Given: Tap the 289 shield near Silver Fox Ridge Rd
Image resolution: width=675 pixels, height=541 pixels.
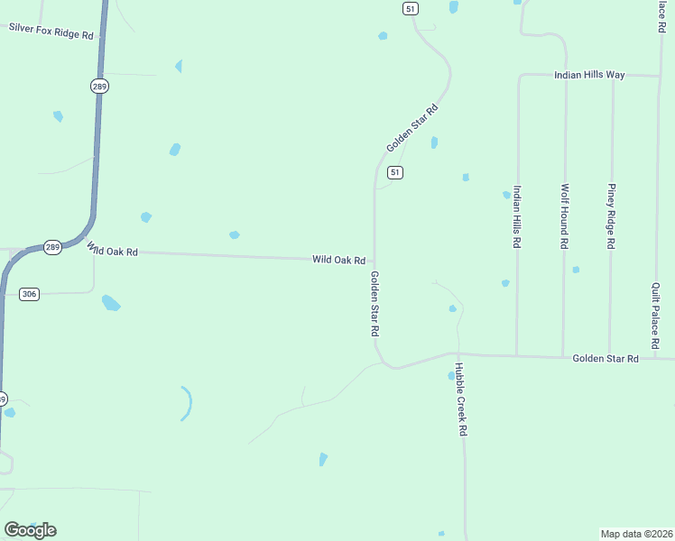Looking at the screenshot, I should pos(99,86).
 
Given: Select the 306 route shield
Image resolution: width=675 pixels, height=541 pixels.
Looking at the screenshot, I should pos(30,294).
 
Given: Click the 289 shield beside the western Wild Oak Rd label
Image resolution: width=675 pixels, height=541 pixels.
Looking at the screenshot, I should pos(53,247).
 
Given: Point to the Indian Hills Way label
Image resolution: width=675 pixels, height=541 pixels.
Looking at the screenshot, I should pos(589,75).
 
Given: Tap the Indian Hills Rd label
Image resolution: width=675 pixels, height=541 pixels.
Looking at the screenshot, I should pos(517,217).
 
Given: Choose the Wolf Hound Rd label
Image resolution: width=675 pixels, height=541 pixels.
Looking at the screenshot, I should pos(564,216).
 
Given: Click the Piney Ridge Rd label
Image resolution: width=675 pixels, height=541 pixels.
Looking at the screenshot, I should pos(611,216).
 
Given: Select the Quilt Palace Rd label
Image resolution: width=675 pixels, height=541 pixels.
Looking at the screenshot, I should pos(656,315).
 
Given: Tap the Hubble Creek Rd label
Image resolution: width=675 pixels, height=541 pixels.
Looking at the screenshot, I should pos(459,399).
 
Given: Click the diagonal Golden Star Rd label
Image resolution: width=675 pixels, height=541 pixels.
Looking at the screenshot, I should pos(411,128).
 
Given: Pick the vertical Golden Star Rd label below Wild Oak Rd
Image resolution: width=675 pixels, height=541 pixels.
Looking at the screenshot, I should pos(374,304).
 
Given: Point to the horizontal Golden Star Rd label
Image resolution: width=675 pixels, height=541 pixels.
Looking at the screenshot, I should pos(606,359).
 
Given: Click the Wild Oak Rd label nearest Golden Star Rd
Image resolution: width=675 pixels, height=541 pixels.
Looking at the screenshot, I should pos(338,260).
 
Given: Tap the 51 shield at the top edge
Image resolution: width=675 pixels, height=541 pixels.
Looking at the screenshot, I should pos(411,8).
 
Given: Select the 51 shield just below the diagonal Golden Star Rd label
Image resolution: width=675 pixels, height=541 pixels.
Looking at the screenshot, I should pos(395,172).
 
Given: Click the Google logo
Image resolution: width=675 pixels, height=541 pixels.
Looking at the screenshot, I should pos(30,529).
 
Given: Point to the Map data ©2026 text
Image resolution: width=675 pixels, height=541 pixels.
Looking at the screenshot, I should pos(636,533).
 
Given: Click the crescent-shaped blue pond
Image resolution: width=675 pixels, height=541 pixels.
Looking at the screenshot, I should pos(188,403).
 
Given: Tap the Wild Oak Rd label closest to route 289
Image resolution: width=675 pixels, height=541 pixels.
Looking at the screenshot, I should pos(113,250).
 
